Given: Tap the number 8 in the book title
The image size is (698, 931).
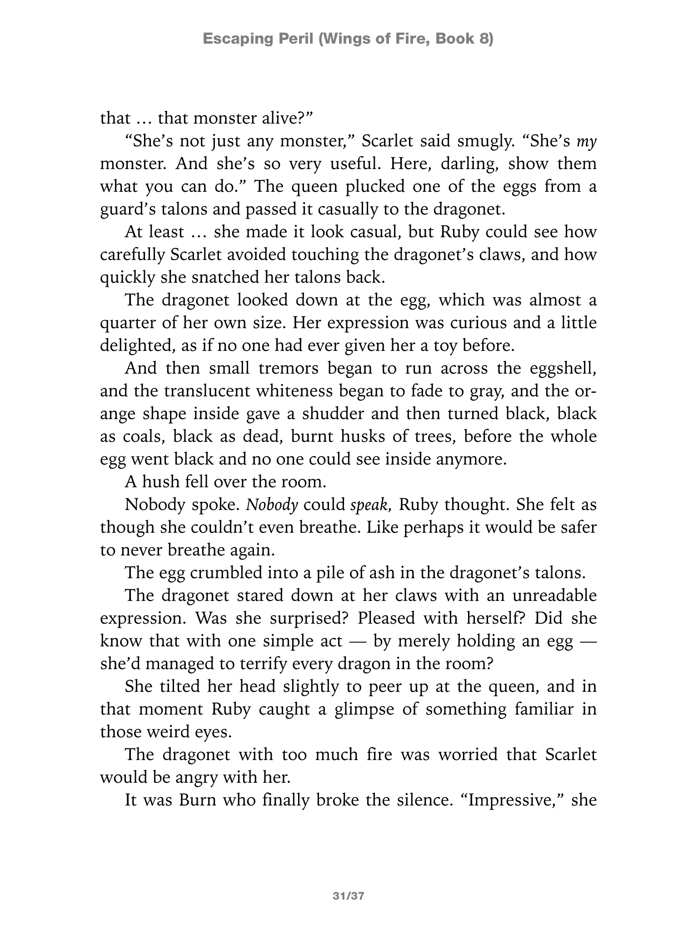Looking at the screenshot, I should coord(487,39).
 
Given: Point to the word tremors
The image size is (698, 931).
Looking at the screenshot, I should coord(289,368).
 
